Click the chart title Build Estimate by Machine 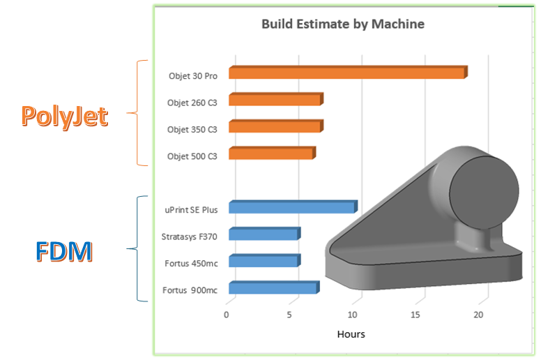343,24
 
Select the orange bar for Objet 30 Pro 348,72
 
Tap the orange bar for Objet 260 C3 276,99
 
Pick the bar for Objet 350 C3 276,126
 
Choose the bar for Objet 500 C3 272,153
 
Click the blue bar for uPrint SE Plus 293,207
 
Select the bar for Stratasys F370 265,234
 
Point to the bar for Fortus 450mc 265,261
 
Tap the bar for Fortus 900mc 274,287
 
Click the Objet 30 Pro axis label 193,76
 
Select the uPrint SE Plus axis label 191,210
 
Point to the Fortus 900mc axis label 190,290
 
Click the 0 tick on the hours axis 227,315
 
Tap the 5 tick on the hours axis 289,315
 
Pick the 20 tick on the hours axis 478,315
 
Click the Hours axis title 351,334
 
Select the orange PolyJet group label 65,117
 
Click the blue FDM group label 64,251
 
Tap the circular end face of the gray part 484,193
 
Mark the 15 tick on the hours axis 415,315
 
